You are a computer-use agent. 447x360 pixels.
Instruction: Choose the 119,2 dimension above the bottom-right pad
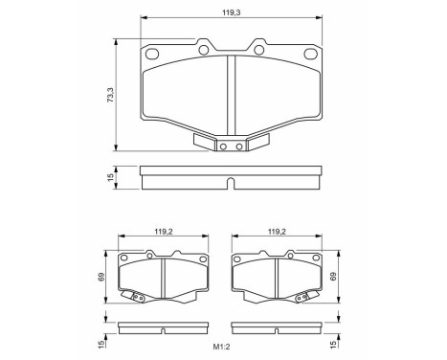(277, 231)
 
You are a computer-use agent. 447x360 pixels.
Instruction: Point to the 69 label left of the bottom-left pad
(102, 278)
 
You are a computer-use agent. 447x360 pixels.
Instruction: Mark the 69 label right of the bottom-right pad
(335, 278)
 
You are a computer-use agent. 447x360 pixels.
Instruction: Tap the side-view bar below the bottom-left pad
(163, 328)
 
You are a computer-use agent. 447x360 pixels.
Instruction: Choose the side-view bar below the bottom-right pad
(277, 328)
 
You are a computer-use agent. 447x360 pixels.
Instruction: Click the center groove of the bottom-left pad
(163, 278)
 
